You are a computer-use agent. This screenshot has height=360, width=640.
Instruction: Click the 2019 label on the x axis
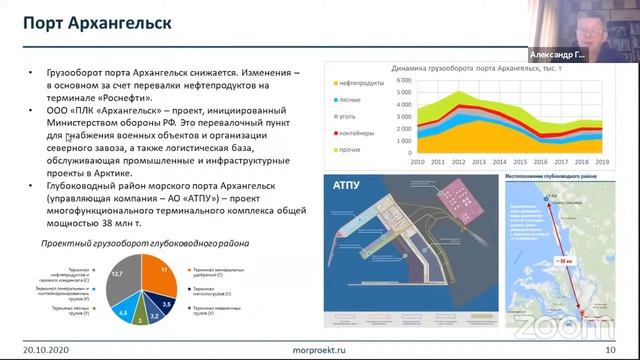(x=602, y=160)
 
